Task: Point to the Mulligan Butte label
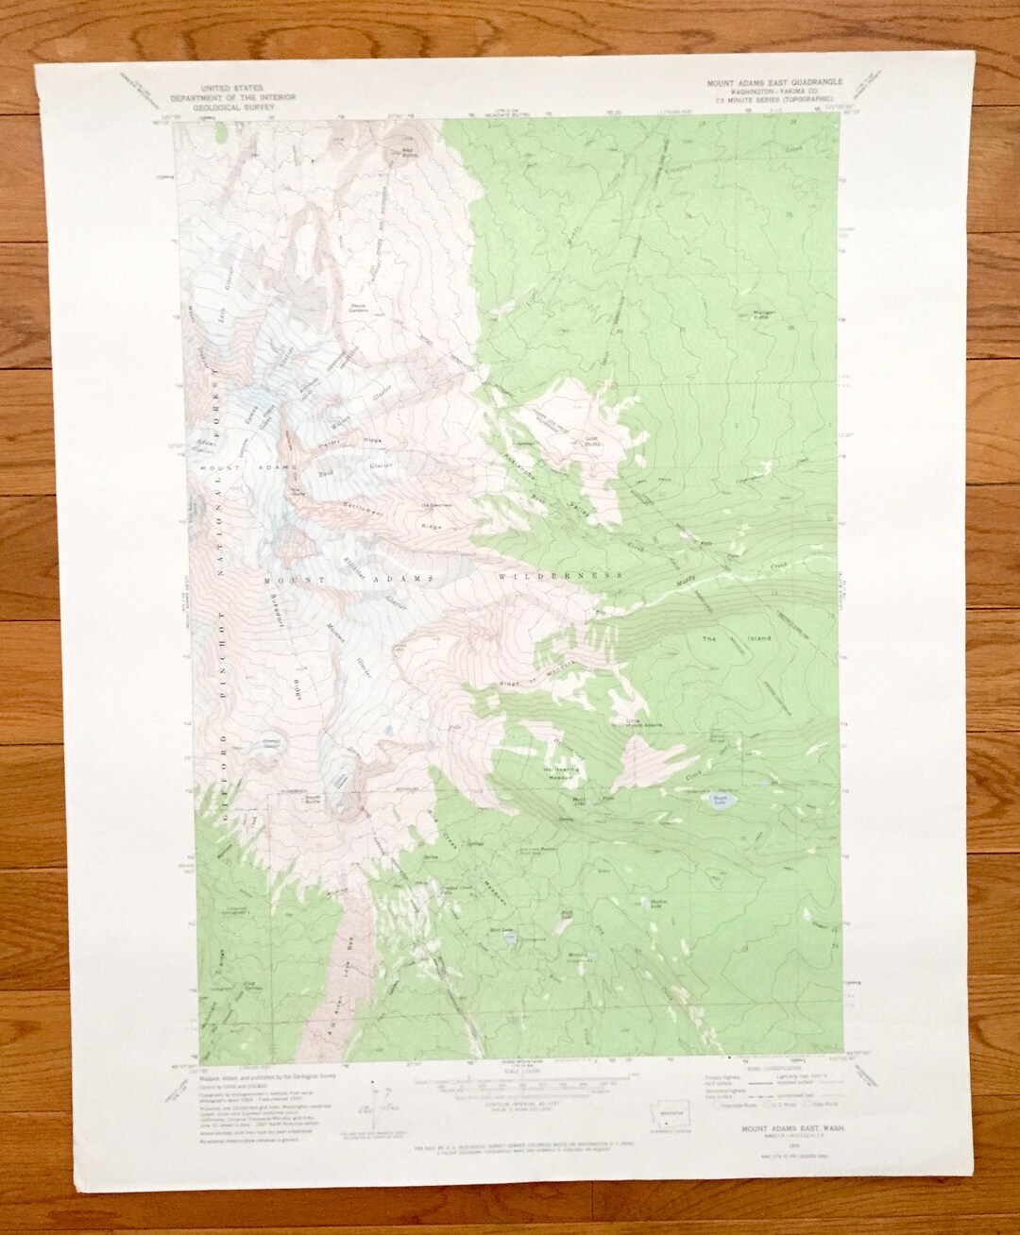[765, 314]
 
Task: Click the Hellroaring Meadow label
[562, 772]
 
